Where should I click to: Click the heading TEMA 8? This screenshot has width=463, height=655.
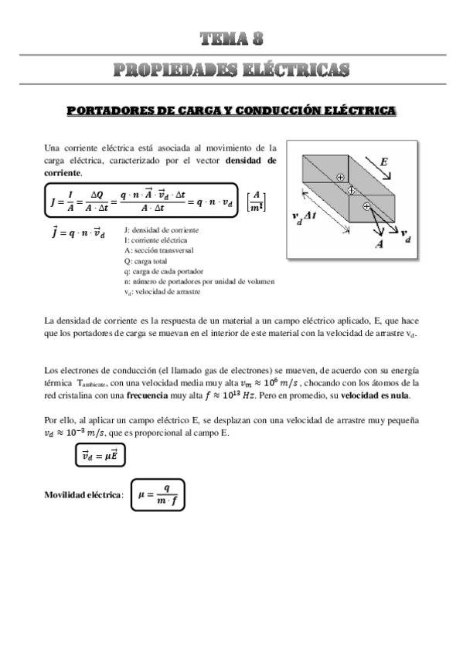tap(231, 39)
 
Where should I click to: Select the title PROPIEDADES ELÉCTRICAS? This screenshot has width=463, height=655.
tap(231, 70)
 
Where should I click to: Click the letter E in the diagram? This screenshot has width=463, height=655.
tap(383, 162)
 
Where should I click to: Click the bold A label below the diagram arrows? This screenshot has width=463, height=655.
tap(380, 244)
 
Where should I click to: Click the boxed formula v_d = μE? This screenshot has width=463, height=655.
tap(103, 457)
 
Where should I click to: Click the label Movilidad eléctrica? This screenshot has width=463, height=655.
tap(83, 494)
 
